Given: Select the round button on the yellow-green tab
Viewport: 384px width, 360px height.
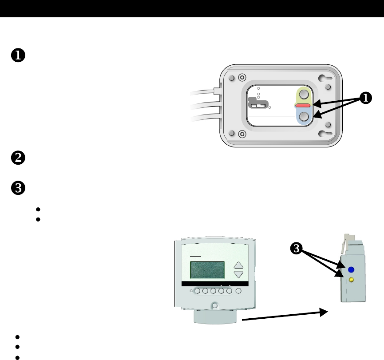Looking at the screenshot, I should pos(304,95).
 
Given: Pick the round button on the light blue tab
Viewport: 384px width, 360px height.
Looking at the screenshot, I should pos(304,117).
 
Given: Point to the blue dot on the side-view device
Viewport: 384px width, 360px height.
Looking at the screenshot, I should pos(351,269).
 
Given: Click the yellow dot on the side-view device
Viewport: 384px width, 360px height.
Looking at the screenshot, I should pos(351,280).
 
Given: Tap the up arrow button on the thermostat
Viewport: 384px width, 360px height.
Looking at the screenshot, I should pos(239,265).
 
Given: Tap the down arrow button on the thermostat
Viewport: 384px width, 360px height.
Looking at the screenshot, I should pos(239,274).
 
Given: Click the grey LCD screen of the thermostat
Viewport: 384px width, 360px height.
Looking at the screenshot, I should pos(207,269).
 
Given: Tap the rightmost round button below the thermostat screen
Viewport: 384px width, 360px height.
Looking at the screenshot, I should pos(239,292).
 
